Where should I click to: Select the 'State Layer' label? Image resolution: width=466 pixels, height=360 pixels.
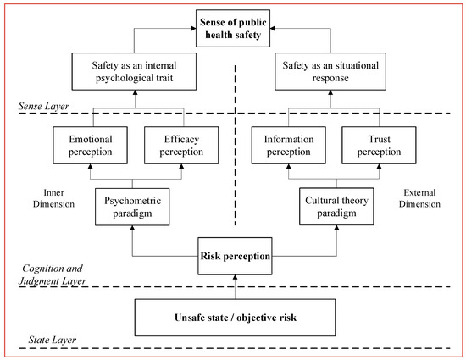[39, 341]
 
